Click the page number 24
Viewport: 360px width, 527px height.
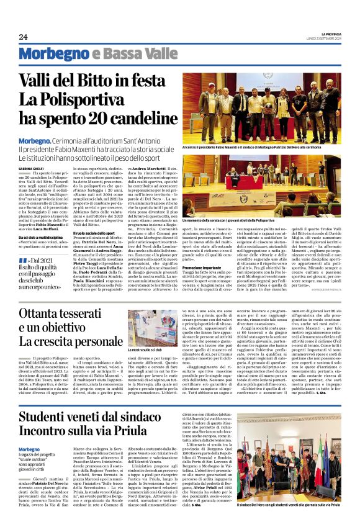click(24, 37)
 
